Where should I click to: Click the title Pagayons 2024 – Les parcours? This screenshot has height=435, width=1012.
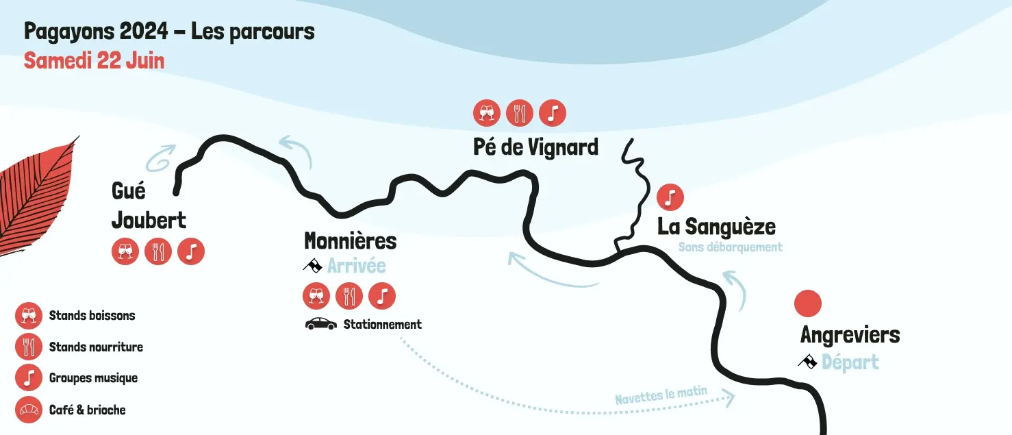pyautogui.click(x=169, y=32)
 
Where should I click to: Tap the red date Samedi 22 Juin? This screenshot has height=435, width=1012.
pyautogui.click(x=94, y=60)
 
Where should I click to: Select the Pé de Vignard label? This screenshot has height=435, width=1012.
pyautogui.click(x=535, y=147)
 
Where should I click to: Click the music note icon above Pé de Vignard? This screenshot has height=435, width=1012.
pyautogui.click(x=553, y=113)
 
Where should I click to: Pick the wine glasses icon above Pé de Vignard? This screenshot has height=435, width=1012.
pyautogui.click(x=487, y=113)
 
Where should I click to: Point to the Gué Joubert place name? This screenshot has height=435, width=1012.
pyautogui.click(x=149, y=206)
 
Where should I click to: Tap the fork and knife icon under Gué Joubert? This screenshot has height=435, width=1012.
pyautogui.click(x=158, y=251)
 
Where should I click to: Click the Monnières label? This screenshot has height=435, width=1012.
pyautogui.click(x=350, y=241)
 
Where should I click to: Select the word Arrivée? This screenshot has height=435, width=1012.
pyautogui.click(x=356, y=266)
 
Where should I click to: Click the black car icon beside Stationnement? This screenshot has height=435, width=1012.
pyautogui.click(x=320, y=324)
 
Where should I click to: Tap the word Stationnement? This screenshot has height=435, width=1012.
pyautogui.click(x=382, y=325)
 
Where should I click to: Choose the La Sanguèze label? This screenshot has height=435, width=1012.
pyautogui.click(x=716, y=227)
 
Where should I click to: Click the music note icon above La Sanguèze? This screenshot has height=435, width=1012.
pyautogui.click(x=670, y=197)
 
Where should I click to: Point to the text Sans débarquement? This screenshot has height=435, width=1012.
pyautogui.click(x=730, y=247)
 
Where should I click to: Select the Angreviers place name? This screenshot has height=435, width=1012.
pyautogui.click(x=850, y=335)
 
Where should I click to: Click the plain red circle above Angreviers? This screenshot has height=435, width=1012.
pyautogui.click(x=808, y=303)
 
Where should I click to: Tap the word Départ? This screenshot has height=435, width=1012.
pyautogui.click(x=850, y=362)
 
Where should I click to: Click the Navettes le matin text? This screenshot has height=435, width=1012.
pyautogui.click(x=660, y=396)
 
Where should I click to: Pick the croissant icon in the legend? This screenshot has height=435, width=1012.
pyautogui.click(x=29, y=410)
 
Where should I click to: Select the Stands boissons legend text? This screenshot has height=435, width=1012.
pyautogui.click(x=92, y=316)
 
